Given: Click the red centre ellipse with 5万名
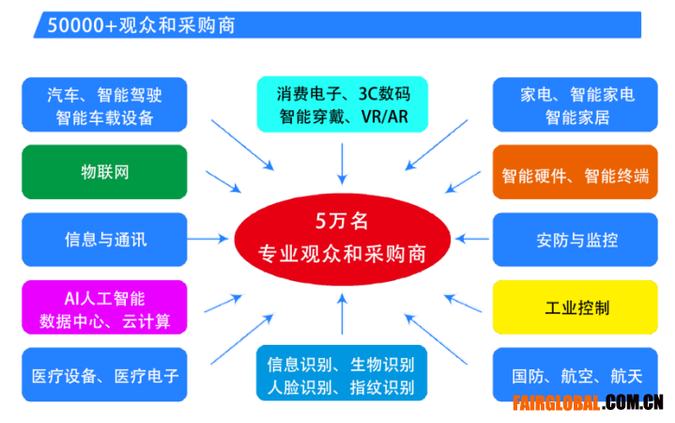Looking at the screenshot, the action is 343,239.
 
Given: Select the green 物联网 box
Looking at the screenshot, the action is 104,172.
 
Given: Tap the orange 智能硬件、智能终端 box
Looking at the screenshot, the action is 575,172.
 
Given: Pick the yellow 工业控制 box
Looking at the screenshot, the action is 575,307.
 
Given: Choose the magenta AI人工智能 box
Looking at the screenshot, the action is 104,307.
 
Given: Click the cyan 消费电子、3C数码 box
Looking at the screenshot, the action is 343,104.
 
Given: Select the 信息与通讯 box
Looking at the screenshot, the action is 104,240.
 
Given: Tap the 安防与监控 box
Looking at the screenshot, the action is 575,240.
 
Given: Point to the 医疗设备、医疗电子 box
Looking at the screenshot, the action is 104,375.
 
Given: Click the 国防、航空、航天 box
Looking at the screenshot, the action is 575,375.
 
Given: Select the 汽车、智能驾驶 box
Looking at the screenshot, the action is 104,104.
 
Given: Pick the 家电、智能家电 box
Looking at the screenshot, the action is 575,104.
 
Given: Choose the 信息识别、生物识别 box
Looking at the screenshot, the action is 342,373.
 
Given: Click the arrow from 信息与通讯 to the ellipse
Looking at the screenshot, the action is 207,239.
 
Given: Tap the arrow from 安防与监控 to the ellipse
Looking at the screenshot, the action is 472,239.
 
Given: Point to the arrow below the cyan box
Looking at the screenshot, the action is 343,164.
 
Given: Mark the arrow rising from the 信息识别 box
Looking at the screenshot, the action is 343,313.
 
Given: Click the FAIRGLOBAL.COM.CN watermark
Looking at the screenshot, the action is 588,402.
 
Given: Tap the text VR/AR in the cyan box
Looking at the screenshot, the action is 384,117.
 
